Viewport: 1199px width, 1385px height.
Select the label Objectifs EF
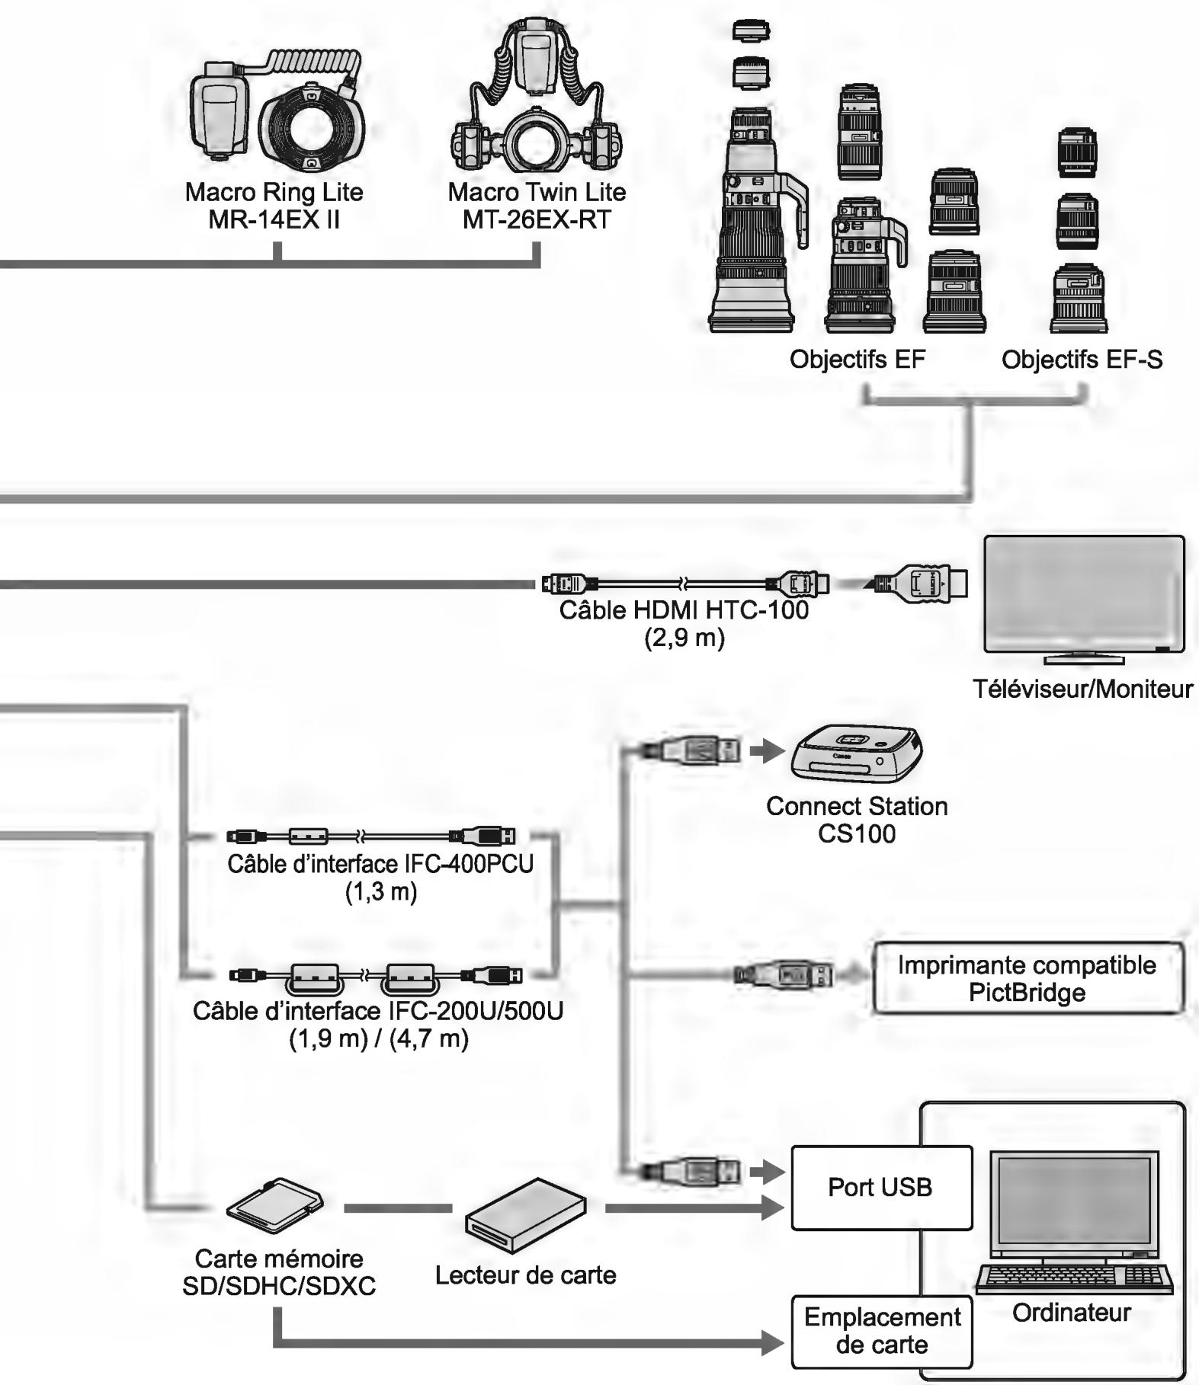[x=857, y=359]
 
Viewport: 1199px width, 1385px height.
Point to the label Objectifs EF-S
[x=1082, y=359]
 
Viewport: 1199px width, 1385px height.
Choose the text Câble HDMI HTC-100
[x=684, y=610]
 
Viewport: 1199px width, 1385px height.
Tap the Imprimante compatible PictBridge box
[x=1027, y=978]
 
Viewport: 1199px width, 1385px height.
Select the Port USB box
[x=881, y=1188]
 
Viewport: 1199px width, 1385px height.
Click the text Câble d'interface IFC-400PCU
[x=380, y=864]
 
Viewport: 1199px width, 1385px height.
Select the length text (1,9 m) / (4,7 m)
[x=379, y=1038]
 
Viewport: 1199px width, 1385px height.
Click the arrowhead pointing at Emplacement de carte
[x=773, y=1343]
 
